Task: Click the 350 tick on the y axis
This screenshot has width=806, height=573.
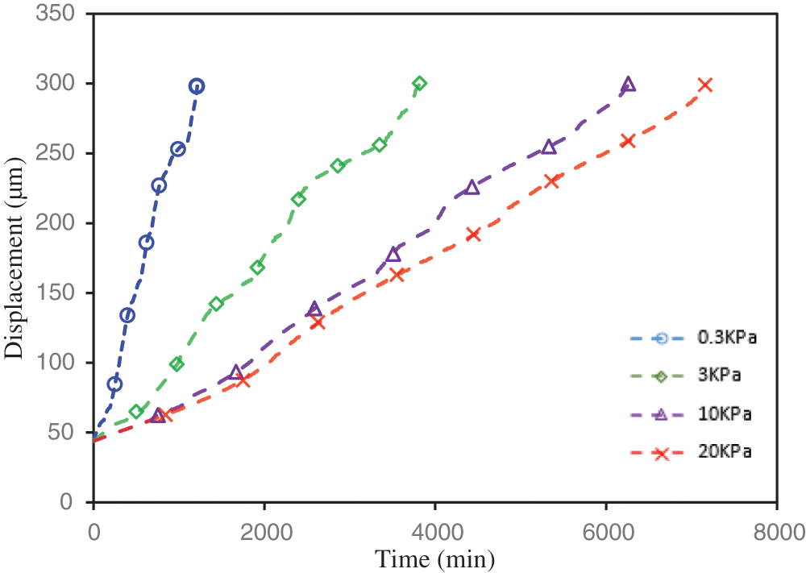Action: click(x=62, y=15)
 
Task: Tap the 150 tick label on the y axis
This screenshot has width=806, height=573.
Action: click(x=62, y=293)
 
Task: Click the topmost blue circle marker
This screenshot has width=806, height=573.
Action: click(x=196, y=86)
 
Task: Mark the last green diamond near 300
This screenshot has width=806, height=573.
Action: click(x=419, y=83)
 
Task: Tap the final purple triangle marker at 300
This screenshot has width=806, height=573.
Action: click(x=629, y=84)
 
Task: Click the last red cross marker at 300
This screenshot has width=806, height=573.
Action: click(x=704, y=85)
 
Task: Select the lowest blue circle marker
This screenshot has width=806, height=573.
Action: click(x=114, y=384)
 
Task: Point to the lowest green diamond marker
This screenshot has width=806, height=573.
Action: click(x=136, y=412)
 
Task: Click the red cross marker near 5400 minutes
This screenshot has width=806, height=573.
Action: click(x=552, y=181)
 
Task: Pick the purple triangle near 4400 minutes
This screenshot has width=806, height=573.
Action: click(x=472, y=188)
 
